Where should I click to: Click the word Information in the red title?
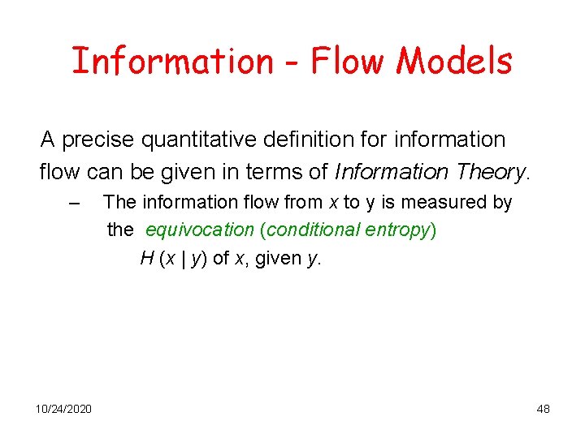pos(172,62)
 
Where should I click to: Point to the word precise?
pos(98,140)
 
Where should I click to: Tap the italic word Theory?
pos(495,172)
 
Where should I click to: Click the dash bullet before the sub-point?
pos(76,202)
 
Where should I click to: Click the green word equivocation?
pos(200,230)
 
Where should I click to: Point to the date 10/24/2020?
pos(63,408)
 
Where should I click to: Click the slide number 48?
pos(543,408)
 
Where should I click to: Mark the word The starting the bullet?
pos(119,202)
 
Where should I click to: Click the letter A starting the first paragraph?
pos(48,140)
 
